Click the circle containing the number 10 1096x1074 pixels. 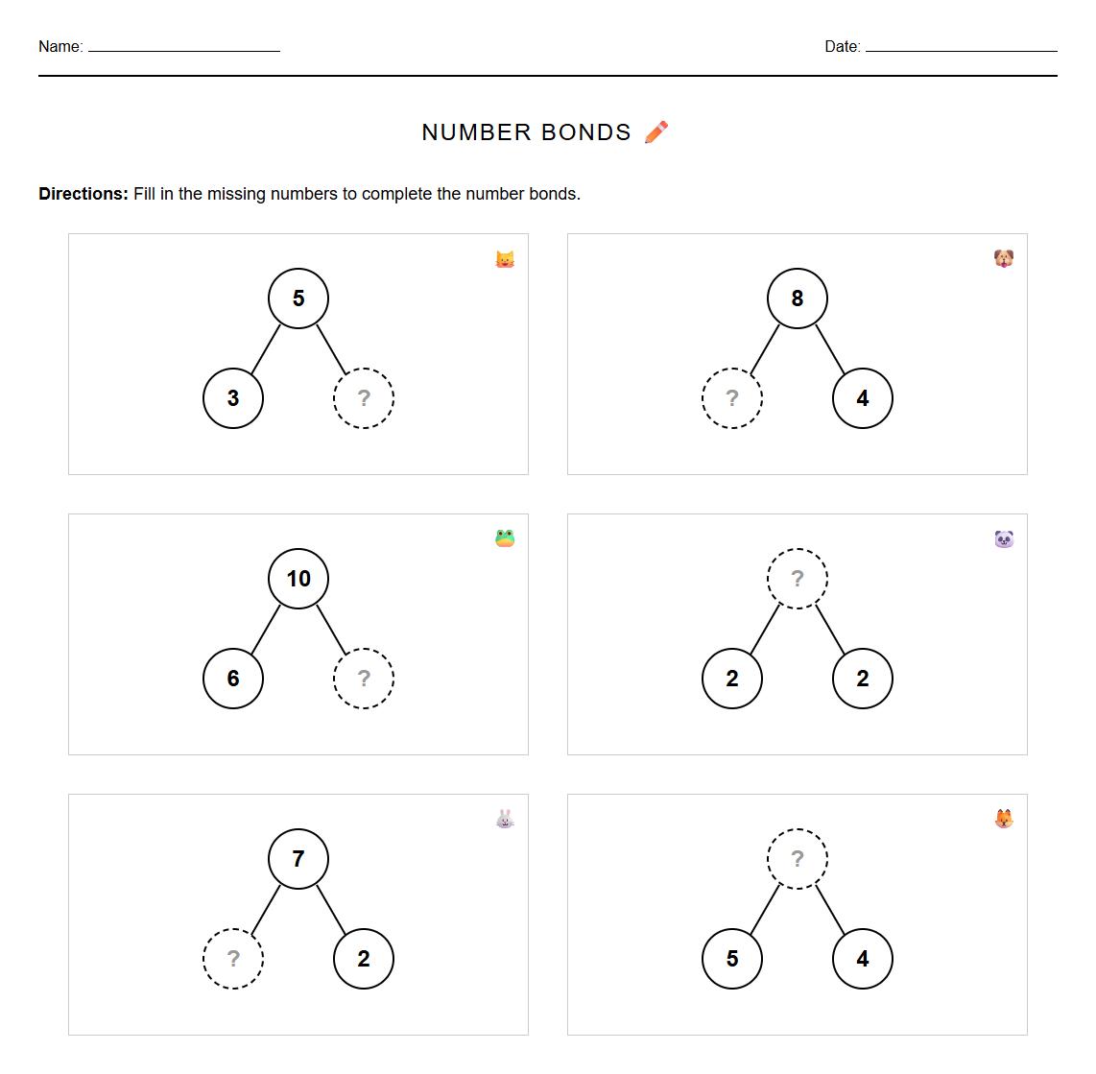click(298, 579)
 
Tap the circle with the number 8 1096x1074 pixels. click(797, 298)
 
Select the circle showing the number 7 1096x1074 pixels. click(298, 859)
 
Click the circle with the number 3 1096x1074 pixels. click(233, 398)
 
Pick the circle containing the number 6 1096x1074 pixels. click(233, 679)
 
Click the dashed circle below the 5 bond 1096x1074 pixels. click(364, 398)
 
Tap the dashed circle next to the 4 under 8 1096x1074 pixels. click(732, 398)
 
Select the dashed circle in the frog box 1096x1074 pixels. click(364, 679)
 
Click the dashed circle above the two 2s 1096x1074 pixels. click(797, 579)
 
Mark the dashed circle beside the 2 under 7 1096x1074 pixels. click(233, 959)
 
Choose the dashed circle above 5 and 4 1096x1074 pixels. click(797, 859)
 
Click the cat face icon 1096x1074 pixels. click(505, 259)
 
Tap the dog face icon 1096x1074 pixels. click(1004, 259)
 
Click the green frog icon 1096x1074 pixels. click(505, 538)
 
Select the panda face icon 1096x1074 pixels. click(1004, 538)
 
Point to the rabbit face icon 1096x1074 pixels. click(505, 819)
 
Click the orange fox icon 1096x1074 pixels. click(1004, 819)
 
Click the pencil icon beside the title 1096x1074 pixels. click(656, 132)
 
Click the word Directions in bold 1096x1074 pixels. click(83, 194)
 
